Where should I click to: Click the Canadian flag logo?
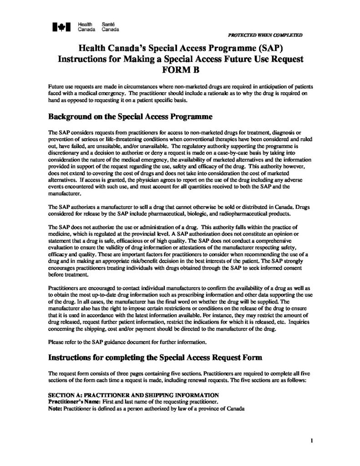pyautogui.click(x=60, y=28)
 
